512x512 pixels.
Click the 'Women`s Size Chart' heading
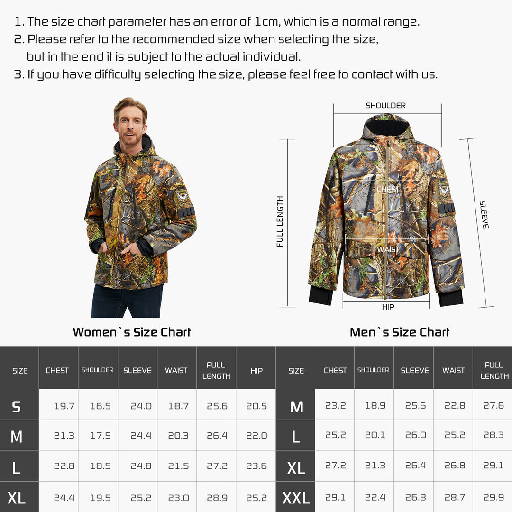[x=132, y=332]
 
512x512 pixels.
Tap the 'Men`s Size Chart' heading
[x=399, y=332]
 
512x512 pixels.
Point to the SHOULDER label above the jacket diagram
[x=385, y=106]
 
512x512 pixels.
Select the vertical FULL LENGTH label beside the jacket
[x=280, y=221]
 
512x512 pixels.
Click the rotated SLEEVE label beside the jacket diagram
[x=484, y=215]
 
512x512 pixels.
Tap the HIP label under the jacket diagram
[x=388, y=307]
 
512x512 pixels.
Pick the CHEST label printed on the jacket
[x=387, y=190]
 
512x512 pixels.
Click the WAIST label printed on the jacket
[x=388, y=249]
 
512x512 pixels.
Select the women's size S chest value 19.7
[x=64, y=406]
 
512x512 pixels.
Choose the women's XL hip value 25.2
[x=256, y=498]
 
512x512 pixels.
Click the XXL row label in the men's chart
[x=296, y=498]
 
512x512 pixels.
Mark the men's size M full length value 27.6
[x=494, y=406]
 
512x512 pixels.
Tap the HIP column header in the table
[x=256, y=371]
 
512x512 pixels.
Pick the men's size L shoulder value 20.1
[x=375, y=435]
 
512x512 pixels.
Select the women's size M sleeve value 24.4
[x=141, y=436]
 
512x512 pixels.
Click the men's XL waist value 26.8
[x=455, y=466]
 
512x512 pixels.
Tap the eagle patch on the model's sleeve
[x=183, y=195]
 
